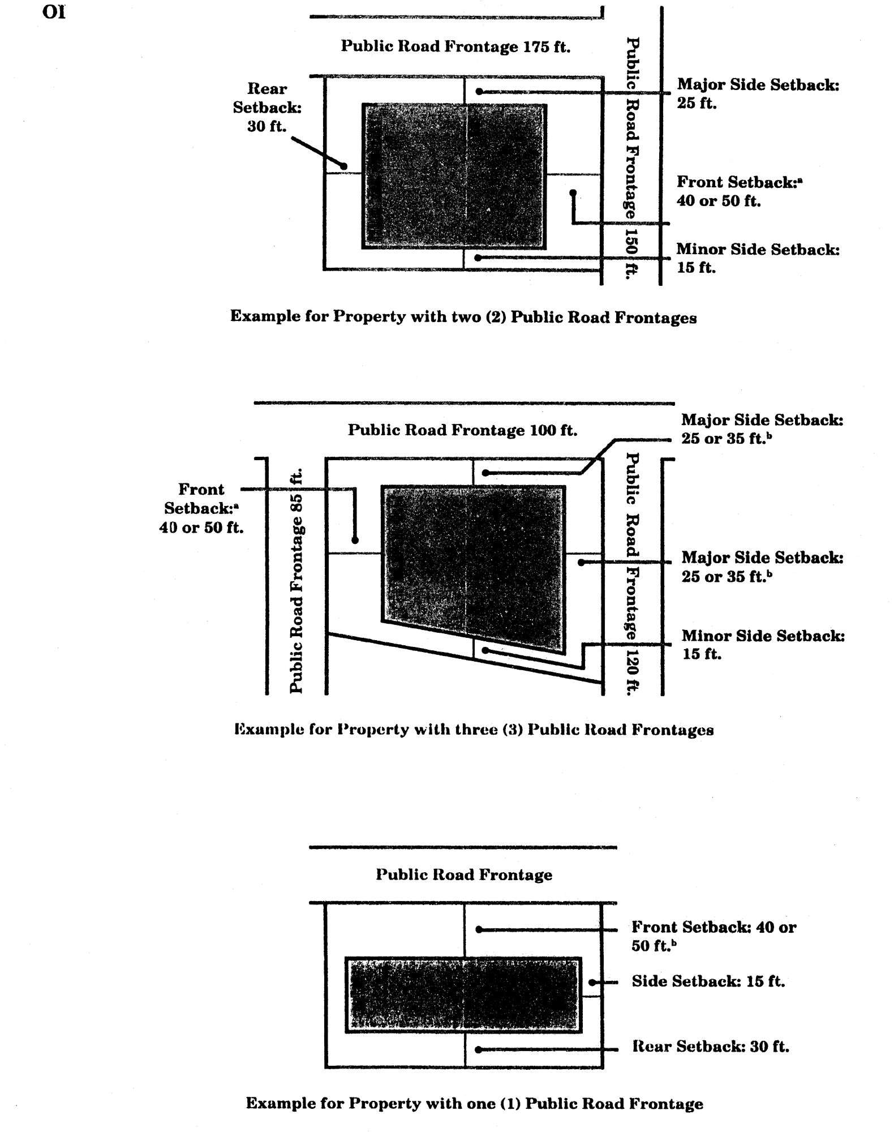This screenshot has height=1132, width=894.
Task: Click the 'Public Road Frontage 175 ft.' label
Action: pyautogui.click(x=455, y=46)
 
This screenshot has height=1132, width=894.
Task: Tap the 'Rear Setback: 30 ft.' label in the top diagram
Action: pyautogui.click(x=267, y=108)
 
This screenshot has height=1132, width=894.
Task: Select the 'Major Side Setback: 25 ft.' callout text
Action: pyautogui.click(x=758, y=94)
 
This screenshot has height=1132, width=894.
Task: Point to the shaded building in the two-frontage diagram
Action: pyautogui.click(x=454, y=176)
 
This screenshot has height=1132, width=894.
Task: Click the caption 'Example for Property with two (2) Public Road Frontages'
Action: pyautogui.click(x=463, y=316)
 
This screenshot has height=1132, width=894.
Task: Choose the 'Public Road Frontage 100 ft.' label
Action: pyautogui.click(x=462, y=430)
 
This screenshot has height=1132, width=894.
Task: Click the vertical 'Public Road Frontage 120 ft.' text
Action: pyautogui.click(x=632, y=572)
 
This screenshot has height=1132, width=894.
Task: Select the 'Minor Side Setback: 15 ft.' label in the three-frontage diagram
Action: pyautogui.click(x=763, y=645)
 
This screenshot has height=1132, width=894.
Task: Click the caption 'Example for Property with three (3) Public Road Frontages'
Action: pyautogui.click(x=474, y=730)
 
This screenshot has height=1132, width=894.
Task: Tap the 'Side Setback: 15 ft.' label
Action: pyautogui.click(x=708, y=981)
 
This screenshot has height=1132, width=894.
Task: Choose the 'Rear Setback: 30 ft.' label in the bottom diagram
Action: pyautogui.click(x=710, y=1047)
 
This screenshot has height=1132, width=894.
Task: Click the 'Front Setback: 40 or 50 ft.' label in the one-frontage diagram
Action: pyautogui.click(x=714, y=936)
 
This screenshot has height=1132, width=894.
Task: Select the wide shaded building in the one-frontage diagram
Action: pyautogui.click(x=463, y=994)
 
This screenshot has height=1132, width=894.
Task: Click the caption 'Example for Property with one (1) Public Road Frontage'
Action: pyautogui.click(x=474, y=1103)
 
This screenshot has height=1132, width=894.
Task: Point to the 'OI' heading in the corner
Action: pyautogui.click(x=54, y=12)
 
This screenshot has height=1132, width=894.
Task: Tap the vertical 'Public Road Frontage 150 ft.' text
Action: pyautogui.click(x=632, y=157)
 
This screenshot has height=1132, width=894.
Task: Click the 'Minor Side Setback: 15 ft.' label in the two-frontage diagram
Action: pyautogui.click(x=758, y=258)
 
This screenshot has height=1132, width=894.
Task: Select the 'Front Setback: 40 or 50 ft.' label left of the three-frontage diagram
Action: pyautogui.click(x=201, y=508)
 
